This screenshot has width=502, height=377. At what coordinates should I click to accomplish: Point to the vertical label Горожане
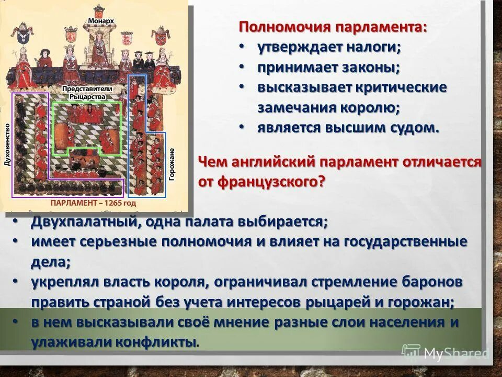point(172,164)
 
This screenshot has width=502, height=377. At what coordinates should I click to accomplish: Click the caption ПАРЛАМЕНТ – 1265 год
point(93,202)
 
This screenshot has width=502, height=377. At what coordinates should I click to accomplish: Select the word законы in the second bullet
point(372,68)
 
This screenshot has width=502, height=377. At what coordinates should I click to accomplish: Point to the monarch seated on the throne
point(99,50)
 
